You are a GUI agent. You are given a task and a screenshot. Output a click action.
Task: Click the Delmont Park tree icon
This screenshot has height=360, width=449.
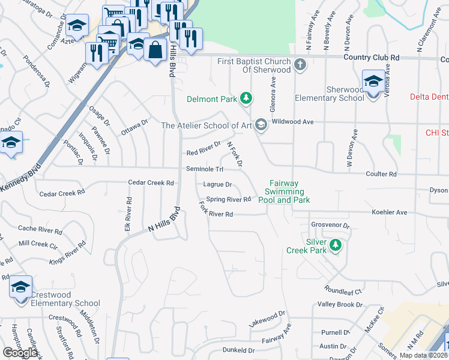(246, 98)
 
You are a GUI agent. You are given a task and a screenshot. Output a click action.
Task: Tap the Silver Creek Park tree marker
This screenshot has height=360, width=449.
(336, 244)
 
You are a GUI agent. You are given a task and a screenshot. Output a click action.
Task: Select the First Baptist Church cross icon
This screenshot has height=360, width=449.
(301, 64)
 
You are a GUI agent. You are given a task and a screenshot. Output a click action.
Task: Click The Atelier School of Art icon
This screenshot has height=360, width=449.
(261, 125)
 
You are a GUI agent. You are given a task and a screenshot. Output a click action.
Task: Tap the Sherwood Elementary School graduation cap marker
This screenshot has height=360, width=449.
(373, 82)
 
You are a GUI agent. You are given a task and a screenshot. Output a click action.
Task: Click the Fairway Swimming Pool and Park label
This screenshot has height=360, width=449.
(284, 192)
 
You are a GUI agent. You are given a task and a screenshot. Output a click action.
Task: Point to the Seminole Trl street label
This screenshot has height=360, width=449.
(205, 169)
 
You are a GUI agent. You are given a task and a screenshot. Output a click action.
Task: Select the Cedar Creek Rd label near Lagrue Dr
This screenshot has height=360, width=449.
(151, 182)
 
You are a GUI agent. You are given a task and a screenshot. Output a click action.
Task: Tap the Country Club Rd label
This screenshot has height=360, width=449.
(372, 57)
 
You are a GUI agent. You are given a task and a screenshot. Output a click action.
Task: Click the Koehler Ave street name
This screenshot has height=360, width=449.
(390, 212)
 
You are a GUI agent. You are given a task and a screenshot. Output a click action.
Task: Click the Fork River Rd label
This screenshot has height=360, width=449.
(215, 214)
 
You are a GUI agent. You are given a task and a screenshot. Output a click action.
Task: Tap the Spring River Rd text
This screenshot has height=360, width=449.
(228, 199)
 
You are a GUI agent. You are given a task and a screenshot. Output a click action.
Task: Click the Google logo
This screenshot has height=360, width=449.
(20, 352)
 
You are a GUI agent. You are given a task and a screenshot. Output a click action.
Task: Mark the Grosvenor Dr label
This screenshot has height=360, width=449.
(330, 226)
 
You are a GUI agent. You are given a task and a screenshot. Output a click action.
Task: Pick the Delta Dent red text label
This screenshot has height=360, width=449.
(429, 97)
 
